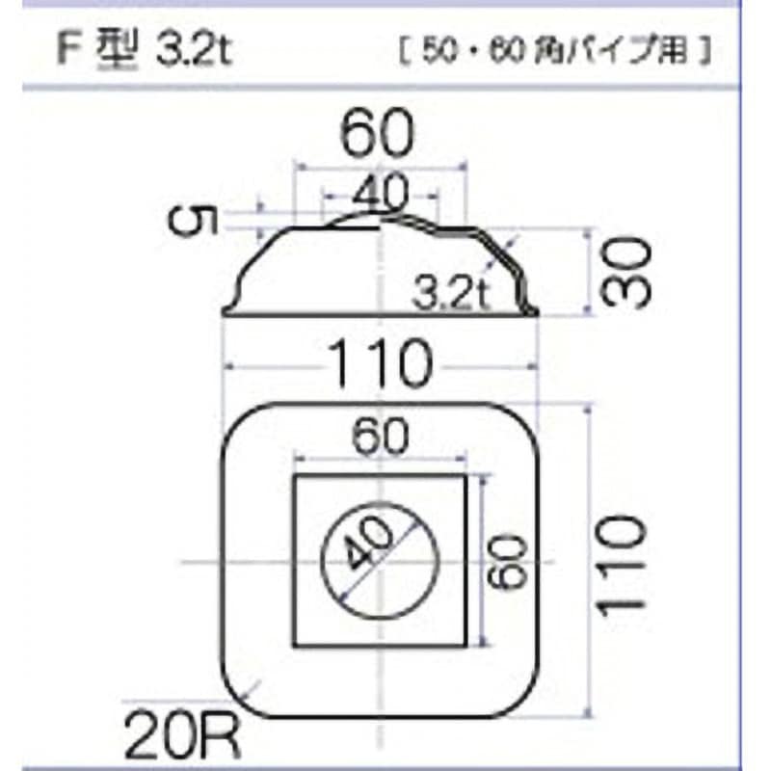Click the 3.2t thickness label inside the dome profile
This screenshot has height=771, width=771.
[446, 290]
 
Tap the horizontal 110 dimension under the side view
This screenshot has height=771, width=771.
[378, 365]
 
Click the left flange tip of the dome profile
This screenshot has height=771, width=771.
[226, 311]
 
